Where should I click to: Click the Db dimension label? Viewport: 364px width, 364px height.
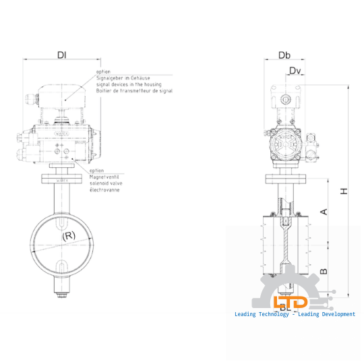point(284,55)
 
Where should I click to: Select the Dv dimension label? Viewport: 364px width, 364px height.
point(295,71)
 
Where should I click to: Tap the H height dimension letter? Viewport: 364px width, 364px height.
point(344,191)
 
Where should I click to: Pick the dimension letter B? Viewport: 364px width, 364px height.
point(324,272)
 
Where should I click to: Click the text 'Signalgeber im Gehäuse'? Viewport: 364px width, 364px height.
point(121,79)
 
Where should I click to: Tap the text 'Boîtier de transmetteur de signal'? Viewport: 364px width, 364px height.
point(134,90)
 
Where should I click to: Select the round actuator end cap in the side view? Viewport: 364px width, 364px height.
point(284,145)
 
